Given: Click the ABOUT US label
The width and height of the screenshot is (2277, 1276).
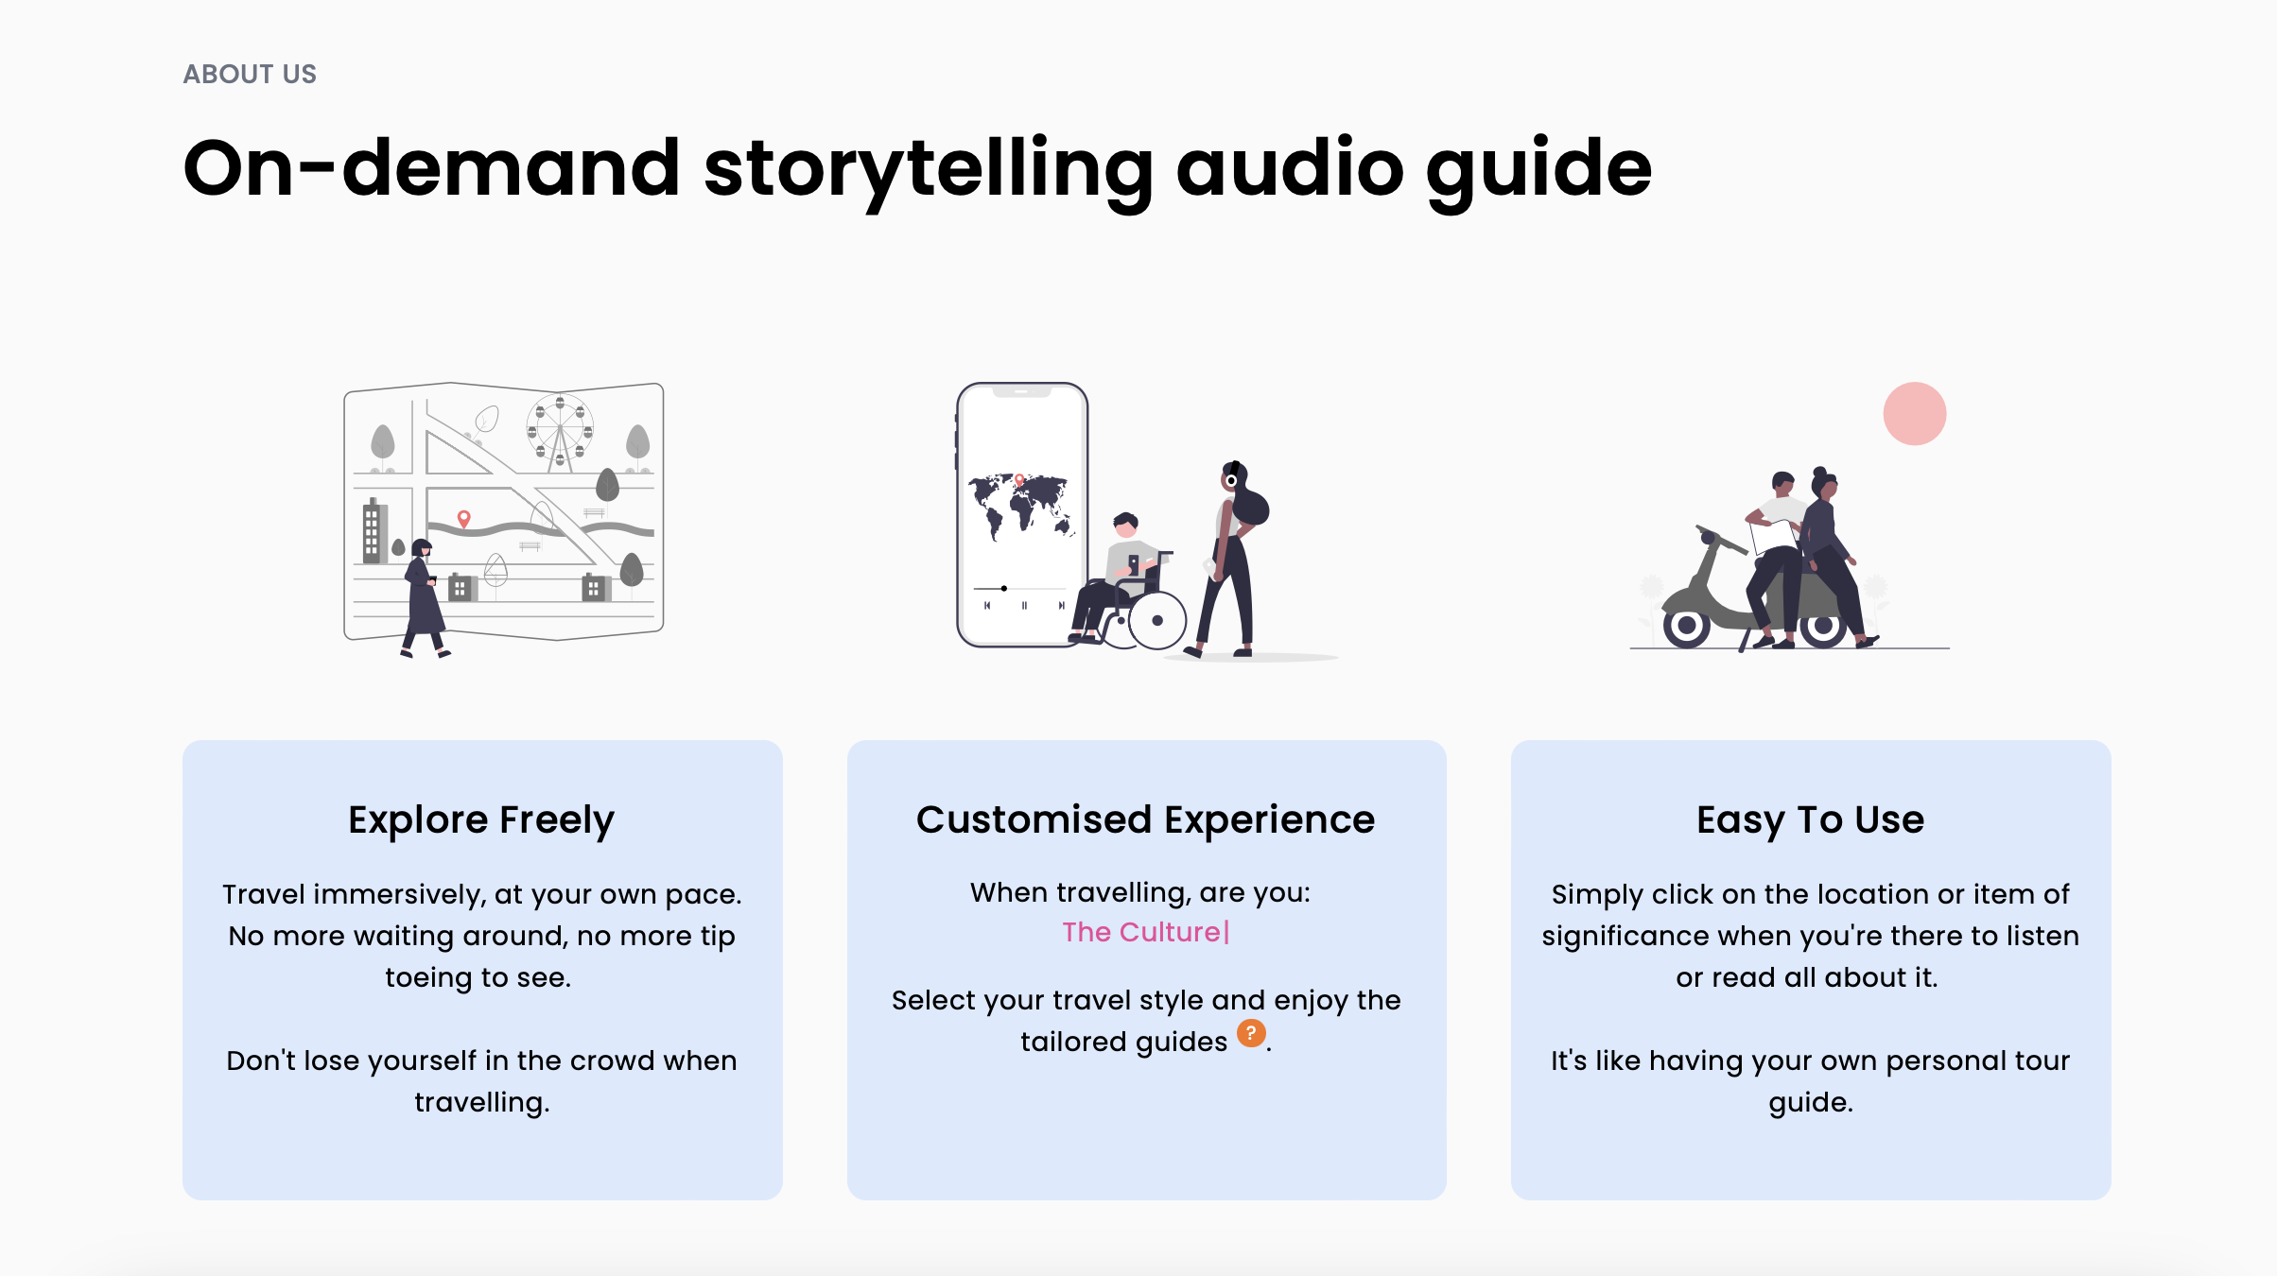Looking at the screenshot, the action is pos(250,74).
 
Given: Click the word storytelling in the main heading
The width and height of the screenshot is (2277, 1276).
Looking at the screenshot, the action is pos(928,171).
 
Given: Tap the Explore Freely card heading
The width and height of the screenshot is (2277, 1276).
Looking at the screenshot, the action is pos(481,820).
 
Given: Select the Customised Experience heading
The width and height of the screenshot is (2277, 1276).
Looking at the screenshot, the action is pos(1146,819).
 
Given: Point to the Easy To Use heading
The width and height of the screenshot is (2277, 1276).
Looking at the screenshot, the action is pos(1810,820).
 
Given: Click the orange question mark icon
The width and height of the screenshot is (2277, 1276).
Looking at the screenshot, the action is pos(1251,1033).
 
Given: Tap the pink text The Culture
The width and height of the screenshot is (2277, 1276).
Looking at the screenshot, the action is pos(1141,932).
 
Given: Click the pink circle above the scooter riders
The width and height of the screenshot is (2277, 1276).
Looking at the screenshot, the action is pos(1915,413).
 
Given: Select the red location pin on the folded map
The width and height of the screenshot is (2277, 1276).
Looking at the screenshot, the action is pos(463,519).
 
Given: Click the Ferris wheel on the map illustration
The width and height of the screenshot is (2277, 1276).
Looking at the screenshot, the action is pos(560,431).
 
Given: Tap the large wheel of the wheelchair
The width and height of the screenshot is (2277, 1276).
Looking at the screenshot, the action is pos(1157,621).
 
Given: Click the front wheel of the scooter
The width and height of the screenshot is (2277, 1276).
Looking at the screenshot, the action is pos(1686,625).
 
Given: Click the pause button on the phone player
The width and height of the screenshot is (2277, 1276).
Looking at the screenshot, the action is pos(1024,605).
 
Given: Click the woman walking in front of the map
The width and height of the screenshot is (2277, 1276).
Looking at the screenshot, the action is pos(424,597).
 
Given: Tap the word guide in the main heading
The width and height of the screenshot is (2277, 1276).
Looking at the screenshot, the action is pos(1538,171).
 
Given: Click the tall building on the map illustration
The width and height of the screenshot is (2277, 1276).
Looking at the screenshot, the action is pos(372,530).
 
